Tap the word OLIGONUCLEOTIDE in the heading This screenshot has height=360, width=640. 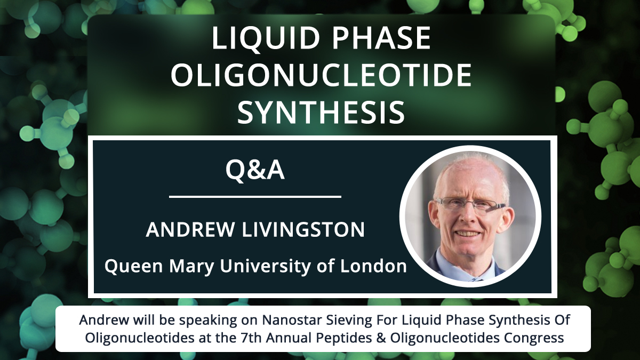click(321, 76)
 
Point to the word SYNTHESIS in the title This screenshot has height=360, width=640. click(321, 113)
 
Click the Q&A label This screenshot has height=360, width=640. click(254, 170)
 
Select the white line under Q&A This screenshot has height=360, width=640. click(255, 197)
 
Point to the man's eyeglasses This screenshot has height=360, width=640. click(469, 204)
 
